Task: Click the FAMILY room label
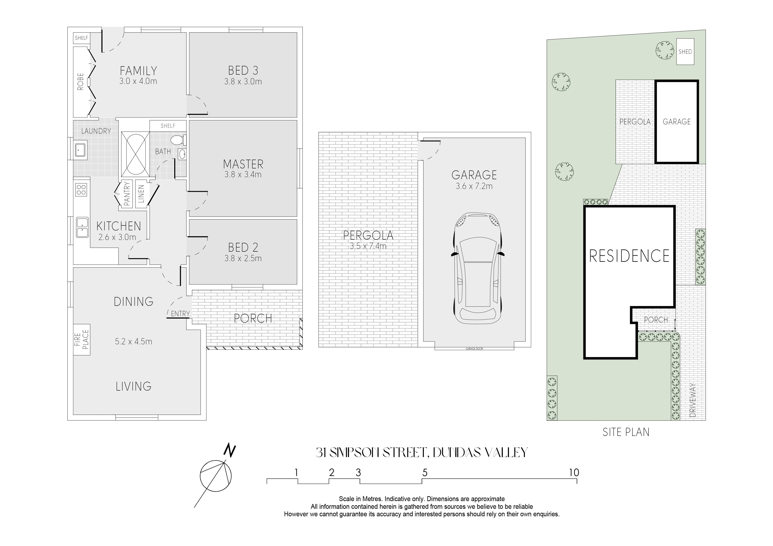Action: (138, 71)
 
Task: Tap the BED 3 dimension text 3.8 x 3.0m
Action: (243, 81)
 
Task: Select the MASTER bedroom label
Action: (243, 164)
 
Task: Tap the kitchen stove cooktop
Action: (81, 189)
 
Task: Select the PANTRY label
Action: (126, 194)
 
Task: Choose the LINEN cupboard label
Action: (141, 194)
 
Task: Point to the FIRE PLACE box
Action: (82, 339)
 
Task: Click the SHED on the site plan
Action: (685, 52)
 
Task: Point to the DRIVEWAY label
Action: (693, 400)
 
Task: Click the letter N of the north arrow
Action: (230, 451)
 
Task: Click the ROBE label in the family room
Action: (80, 82)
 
